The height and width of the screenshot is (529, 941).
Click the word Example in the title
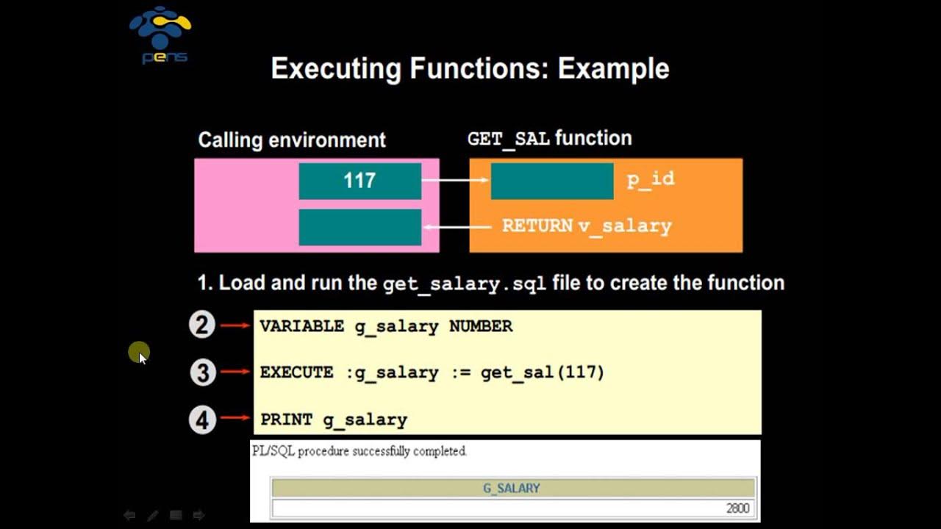[x=613, y=69]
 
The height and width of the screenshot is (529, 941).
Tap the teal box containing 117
[x=359, y=181]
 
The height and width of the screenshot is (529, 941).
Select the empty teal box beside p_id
[x=551, y=181]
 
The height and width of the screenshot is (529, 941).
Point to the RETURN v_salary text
[x=587, y=226]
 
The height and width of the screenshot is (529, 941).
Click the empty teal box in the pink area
[x=359, y=227]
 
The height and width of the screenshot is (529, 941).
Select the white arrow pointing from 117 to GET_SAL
[x=456, y=181]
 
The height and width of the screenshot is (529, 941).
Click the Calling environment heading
[x=292, y=140]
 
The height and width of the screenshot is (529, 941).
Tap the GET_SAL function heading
[x=549, y=139]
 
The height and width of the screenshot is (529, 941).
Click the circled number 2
[x=202, y=325]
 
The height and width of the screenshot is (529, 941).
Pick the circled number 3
[x=202, y=372]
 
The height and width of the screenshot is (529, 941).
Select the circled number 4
[x=202, y=420]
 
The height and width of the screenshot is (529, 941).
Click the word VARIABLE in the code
[x=301, y=326]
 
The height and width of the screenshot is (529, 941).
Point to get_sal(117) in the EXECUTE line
[x=542, y=373]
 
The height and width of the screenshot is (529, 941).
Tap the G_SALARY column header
[x=512, y=488]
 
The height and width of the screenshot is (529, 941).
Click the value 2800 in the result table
[x=738, y=508]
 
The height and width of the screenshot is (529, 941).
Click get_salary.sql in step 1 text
[x=465, y=284]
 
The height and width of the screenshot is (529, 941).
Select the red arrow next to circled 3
[x=235, y=372]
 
